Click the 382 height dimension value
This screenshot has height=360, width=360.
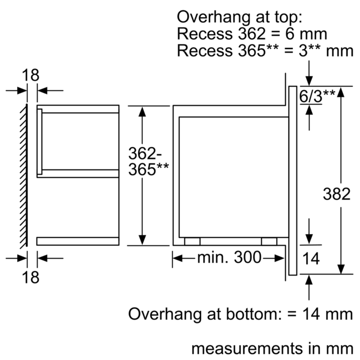pyautogui.click(x=337, y=194)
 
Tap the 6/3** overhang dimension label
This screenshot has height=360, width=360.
pyautogui.click(x=317, y=96)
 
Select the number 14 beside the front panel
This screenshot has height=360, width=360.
pyautogui.click(x=311, y=259)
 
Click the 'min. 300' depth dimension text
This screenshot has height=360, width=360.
pyautogui.click(x=229, y=257)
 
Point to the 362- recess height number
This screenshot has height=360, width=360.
pyautogui.click(x=145, y=153)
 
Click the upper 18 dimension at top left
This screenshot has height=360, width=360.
pyautogui.click(x=30, y=75)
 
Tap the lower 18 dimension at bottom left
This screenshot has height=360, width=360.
pyautogui.click(x=30, y=277)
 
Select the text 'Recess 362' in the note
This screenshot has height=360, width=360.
pyautogui.click(x=222, y=34)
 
